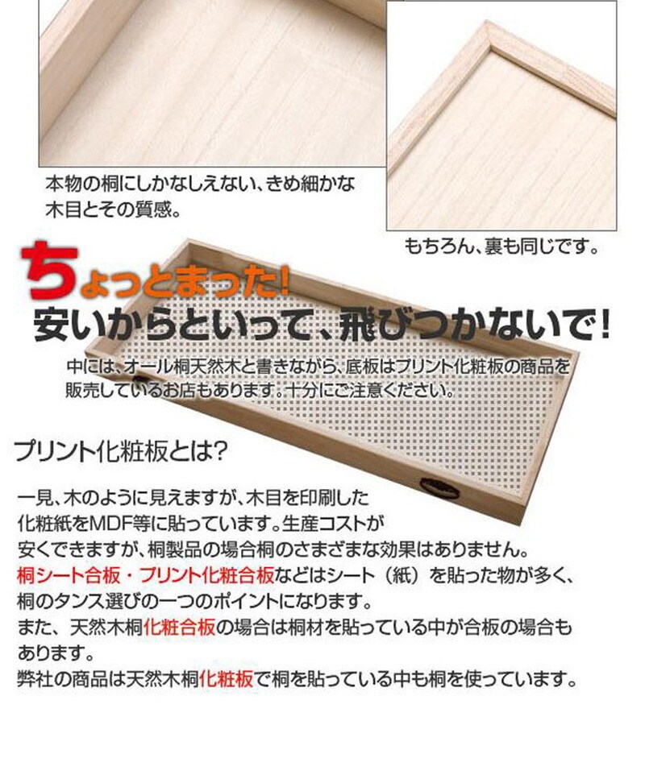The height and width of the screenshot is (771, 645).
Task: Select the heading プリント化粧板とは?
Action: (x=121, y=451)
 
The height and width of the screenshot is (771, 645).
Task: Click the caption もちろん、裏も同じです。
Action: (x=501, y=246)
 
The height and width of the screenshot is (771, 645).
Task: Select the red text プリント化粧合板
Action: (x=207, y=575)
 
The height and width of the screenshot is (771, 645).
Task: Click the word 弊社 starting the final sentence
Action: (x=35, y=679)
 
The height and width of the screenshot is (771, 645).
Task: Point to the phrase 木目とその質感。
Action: (x=113, y=210)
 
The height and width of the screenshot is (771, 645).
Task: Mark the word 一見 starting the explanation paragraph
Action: (x=35, y=498)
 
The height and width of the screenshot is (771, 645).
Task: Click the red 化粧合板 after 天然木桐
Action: (x=180, y=628)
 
